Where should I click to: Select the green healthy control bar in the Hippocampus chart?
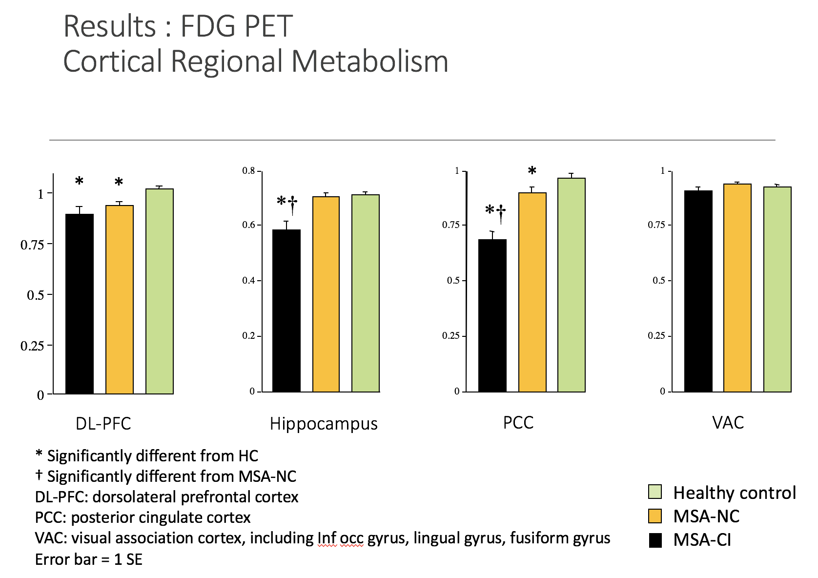pos(366,293)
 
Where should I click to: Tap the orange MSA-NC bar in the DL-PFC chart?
pos(120,299)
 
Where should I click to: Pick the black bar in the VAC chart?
pos(697,291)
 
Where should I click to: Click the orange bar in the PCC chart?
pos(532,292)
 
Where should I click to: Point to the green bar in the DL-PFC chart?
pos(160,291)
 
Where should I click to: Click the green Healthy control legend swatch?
pos(655,492)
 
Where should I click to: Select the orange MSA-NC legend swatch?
pos(655,516)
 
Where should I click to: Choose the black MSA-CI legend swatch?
pos(655,540)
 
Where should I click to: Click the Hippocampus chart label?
pos(324,424)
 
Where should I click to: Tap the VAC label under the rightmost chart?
pos(728,422)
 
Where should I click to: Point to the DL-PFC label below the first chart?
pos(103,423)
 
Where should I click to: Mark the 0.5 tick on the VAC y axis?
pos(659,281)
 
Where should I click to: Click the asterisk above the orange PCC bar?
pos(532,171)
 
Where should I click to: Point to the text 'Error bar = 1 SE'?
pos(88,559)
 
